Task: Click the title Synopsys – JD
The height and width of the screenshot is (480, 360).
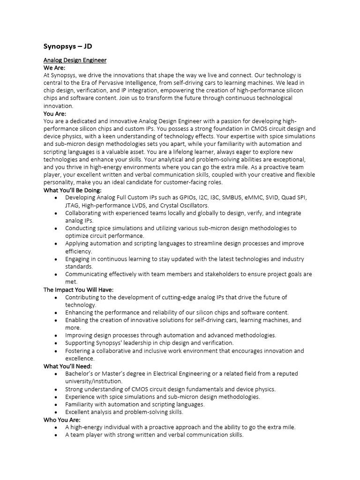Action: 71,46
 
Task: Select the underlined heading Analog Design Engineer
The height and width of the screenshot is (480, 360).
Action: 75,60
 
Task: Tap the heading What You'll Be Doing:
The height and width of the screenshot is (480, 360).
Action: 72,190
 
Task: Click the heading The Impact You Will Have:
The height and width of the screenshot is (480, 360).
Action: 78,290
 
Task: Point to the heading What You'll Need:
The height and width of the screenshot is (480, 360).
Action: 67,366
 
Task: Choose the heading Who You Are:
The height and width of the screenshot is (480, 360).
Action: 62,420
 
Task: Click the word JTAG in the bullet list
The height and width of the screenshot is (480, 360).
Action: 73,205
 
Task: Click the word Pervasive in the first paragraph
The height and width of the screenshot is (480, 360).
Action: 119,83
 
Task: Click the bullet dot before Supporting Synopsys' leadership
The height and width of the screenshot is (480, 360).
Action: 56,343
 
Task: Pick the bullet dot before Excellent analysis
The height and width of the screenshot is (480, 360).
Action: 56,412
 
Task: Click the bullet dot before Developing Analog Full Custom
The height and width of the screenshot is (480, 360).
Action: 56,198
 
